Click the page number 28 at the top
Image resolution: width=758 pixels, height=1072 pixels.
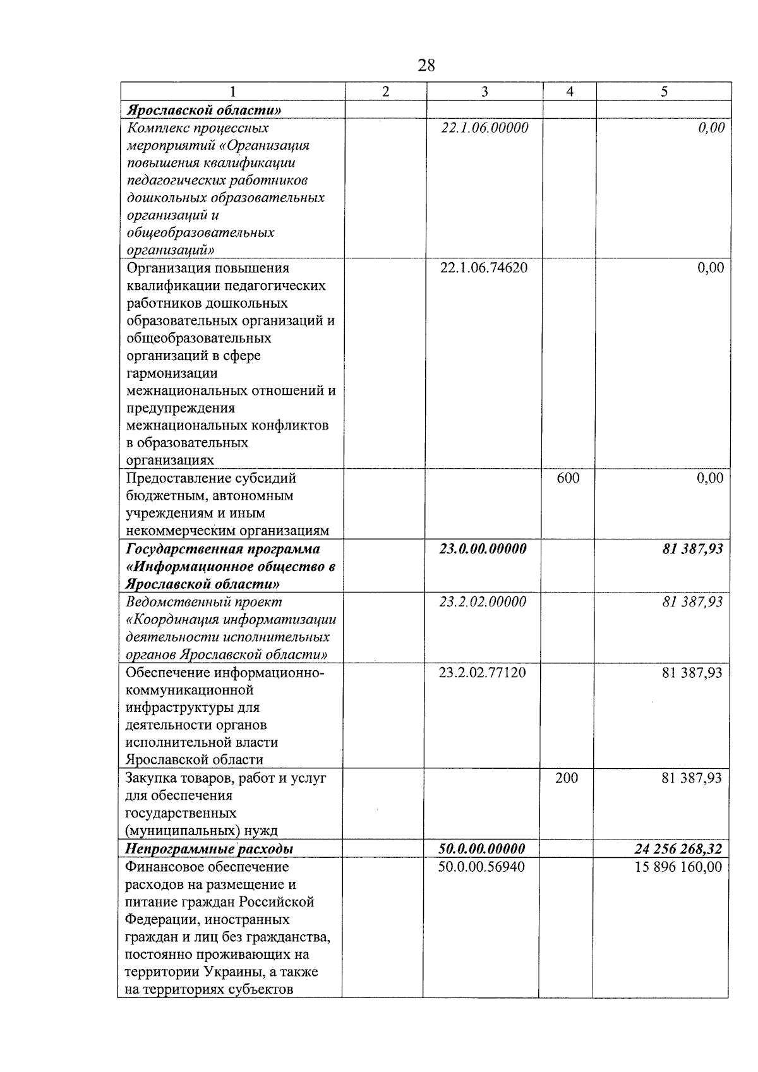tap(426, 65)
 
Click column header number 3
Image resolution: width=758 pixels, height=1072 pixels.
tap(484, 92)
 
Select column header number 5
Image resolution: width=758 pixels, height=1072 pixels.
tap(664, 92)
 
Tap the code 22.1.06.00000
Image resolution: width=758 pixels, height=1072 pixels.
tap(484, 128)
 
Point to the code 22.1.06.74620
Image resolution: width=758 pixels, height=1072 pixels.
tap(484, 268)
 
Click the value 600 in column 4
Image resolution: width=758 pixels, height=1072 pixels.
tap(568, 478)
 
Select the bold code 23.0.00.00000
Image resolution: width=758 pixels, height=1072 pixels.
tap(483, 549)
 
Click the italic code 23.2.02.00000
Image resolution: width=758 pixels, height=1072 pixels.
tap(483, 602)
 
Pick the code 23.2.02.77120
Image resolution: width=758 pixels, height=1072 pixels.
tap(482, 673)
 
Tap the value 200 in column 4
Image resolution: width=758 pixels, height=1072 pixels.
tap(567, 778)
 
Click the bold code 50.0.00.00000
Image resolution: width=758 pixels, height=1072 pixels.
tap(482, 848)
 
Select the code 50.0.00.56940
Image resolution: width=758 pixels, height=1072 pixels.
tap(481, 867)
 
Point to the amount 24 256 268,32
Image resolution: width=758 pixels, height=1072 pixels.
tap(678, 848)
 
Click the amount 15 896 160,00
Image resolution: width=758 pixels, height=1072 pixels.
tap(678, 867)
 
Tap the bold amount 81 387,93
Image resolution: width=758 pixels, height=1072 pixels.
tap(692, 549)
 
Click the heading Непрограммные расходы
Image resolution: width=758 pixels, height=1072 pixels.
tap(209, 848)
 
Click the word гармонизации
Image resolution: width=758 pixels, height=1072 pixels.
tap(172, 373)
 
